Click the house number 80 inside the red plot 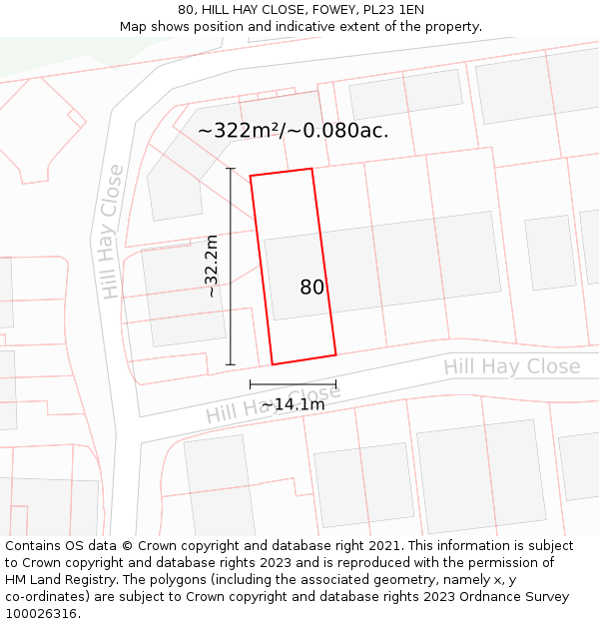311,288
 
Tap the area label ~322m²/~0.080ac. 293,130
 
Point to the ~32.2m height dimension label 212,266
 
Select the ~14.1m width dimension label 293,404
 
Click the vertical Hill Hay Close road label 112,232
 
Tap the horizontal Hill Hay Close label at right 512,366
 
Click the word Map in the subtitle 134,27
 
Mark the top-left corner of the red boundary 251,177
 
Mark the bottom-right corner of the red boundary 335,353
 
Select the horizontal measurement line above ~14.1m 293,383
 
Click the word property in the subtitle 450,27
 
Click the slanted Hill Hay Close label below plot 273,401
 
